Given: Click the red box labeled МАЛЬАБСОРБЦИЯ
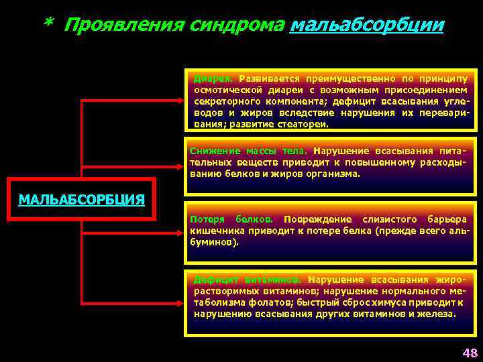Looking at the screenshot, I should click(x=81, y=199).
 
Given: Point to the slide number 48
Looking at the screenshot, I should click(x=468, y=353).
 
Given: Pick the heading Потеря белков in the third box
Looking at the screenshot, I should click(x=231, y=219).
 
